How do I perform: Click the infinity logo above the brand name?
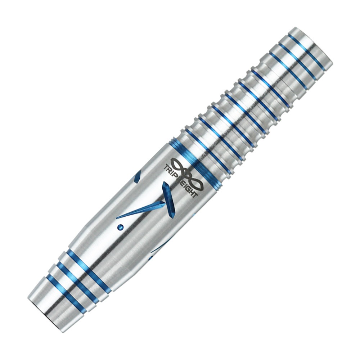click(x=185, y=169)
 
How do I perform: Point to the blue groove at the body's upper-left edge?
click(x=137, y=178)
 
